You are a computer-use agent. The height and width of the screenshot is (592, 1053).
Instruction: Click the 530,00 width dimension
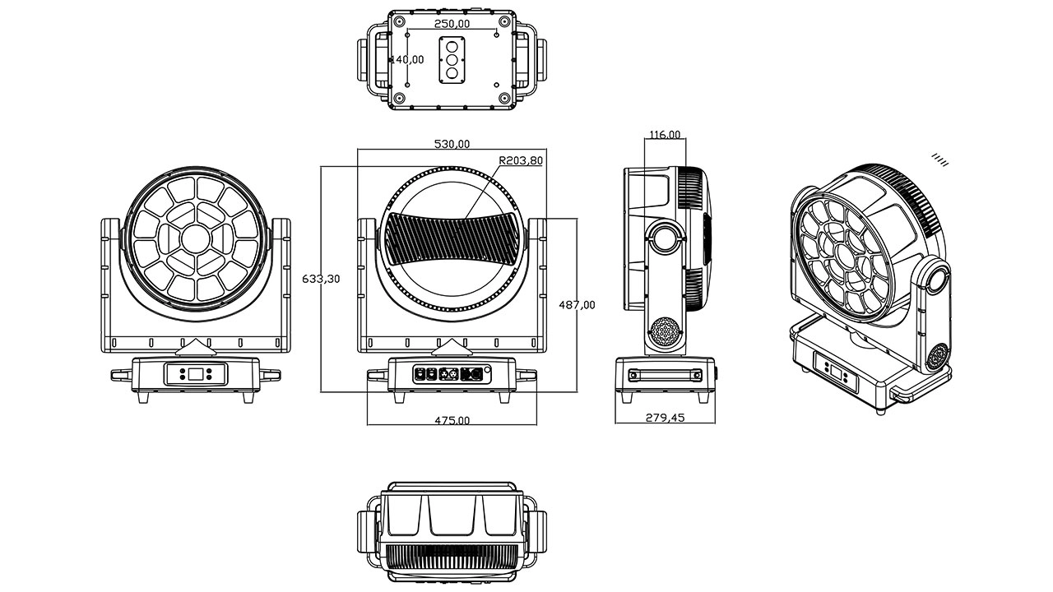point(452,144)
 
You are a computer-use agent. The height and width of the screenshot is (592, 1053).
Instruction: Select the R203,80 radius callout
point(521,161)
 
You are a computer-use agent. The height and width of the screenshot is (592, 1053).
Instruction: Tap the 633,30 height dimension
point(321,279)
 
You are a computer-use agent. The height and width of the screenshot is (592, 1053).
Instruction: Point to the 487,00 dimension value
point(577,304)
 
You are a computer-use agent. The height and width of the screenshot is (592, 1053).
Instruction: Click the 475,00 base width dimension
point(452,420)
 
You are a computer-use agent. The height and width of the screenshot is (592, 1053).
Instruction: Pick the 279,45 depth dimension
point(665,418)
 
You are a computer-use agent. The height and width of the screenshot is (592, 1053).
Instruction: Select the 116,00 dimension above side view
point(665,134)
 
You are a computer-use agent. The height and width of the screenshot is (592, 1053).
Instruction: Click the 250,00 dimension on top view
point(452,24)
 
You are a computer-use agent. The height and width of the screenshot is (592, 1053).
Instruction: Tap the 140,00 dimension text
point(406,59)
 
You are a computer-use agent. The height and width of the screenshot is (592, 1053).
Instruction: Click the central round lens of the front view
point(196,238)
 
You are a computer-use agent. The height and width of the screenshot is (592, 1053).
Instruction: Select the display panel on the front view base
point(196,374)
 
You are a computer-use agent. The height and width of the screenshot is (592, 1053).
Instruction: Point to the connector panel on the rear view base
point(452,372)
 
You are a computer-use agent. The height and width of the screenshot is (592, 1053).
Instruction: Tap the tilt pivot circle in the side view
point(666,237)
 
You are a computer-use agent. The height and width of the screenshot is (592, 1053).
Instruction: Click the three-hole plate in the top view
point(452,60)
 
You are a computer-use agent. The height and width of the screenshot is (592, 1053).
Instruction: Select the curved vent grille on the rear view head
point(452,237)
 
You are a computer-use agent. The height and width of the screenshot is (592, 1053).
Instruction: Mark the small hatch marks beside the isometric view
point(939,159)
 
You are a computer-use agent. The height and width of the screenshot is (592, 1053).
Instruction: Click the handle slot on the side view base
point(665,375)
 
